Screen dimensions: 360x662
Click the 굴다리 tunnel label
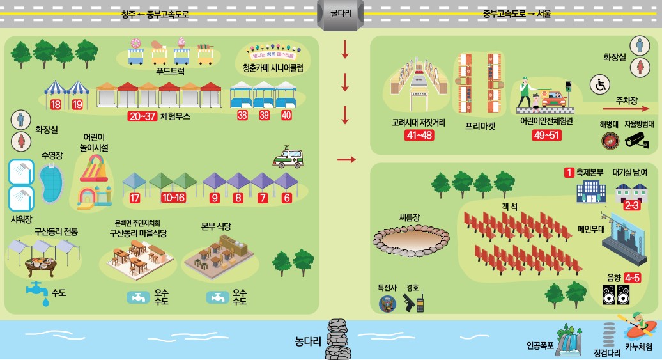click(340, 12)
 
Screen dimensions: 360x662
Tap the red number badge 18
click(56, 104)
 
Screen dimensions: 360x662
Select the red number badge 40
click(286, 116)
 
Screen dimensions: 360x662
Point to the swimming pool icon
click(51, 184)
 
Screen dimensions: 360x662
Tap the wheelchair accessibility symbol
click(602, 84)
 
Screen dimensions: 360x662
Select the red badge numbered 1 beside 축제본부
click(567, 173)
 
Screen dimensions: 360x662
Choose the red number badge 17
click(134, 198)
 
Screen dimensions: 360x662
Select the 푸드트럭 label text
click(174, 72)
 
